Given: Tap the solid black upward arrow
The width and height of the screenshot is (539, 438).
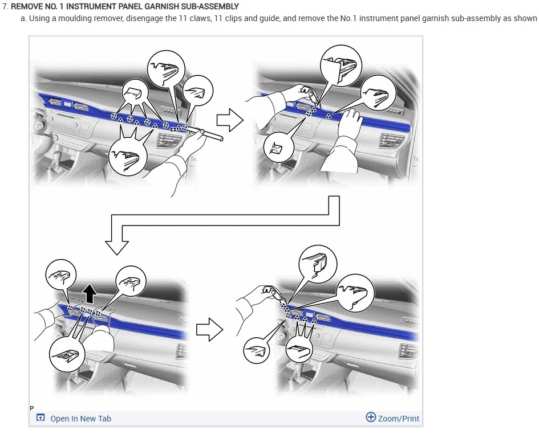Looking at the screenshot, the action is tap(90, 293).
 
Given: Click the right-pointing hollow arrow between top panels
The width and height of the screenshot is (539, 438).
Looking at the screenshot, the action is tap(230, 120).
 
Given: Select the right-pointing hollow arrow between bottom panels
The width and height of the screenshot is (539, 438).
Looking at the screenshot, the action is tap(210, 330).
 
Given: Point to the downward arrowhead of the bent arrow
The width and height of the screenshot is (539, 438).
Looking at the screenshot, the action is tap(117, 247).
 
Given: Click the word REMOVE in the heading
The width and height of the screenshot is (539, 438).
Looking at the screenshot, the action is tap(27, 6).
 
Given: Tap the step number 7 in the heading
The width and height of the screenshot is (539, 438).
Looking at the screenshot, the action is tap(5, 6).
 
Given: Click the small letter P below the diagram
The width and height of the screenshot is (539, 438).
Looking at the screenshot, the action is tap(32, 408).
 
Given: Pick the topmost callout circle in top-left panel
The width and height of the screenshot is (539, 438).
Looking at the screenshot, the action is tap(166, 69).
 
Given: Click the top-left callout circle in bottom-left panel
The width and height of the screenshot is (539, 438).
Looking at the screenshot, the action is tap(61, 275).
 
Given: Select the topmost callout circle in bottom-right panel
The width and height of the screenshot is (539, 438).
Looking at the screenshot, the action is tap(318, 264).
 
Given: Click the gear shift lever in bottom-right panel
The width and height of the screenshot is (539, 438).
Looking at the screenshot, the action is tap(300, 370).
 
